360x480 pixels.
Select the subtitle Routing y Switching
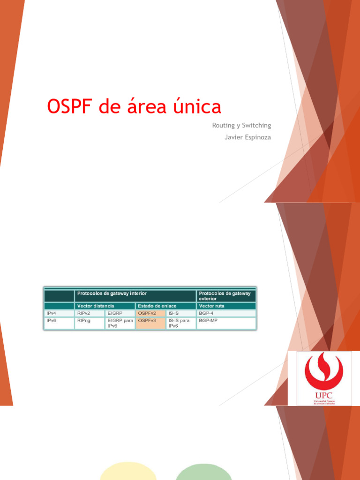pyautogui.click(x=241, y=126)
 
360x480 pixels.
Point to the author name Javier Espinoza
pyautogui.click(x=248, y=137)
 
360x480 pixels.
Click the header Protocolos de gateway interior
pyautogui.click(x=112, y=293)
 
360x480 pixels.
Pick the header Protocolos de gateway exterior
pyautogui.click(x=225, y=296)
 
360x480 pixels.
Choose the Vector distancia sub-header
pyautogui.click(x=95, y=306)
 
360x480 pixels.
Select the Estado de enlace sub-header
pyautogui.click(x=157, y=306)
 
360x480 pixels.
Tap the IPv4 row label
pyautogui.click(x=51, y=313)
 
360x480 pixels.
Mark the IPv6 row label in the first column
pyautogui.click(x=51, y=321)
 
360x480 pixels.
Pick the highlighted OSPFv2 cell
pyautogui.click(x=147, y=313)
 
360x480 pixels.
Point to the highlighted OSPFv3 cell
pyautogui.click(x=147, y=321)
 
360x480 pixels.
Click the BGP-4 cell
pyautogui.click(x=206, y=313)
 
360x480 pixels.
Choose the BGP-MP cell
pyautogui.click(x=208, y=321)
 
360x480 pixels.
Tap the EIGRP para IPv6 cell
pyautogui.click(x=120, y=323)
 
